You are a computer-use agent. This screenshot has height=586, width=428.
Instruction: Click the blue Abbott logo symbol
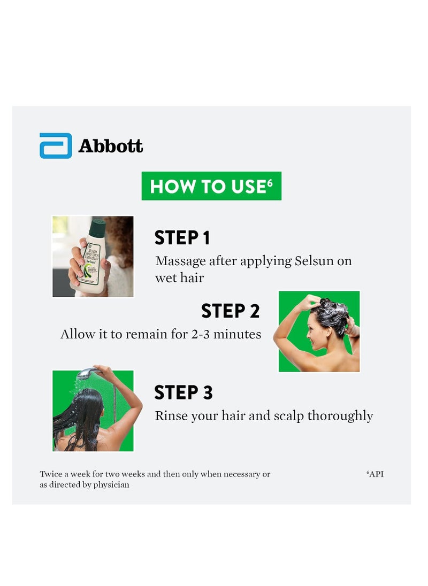[56, 146]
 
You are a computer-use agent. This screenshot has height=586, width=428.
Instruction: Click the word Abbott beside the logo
[111, 146]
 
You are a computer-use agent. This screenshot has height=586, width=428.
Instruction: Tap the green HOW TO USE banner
[211, 186]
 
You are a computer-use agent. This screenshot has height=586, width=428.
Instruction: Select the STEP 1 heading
[182, 237]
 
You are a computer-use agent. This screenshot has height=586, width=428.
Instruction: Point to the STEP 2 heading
[230, 311]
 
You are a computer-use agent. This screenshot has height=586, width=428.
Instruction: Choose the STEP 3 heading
[184, 393]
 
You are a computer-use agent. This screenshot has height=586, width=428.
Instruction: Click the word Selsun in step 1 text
[316, 261]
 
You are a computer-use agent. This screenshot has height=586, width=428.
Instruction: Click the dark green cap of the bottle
[97, 228]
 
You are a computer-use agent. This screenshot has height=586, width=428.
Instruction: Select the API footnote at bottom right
[375, 474]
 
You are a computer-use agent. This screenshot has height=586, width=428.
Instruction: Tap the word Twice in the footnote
[50, 474]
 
